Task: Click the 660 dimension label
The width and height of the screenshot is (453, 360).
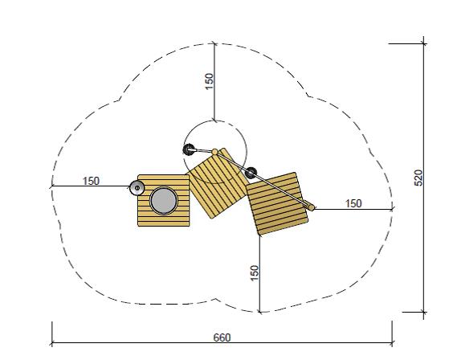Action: pos(222,337)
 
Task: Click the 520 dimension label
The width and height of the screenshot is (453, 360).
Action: pos(418,178)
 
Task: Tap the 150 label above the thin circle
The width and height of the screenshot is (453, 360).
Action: pos(209,81)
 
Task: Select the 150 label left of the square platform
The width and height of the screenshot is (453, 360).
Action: pos(91,181)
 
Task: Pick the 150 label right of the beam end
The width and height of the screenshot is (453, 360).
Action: pos(353,203)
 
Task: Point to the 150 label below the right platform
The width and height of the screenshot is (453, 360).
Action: pos(255,272)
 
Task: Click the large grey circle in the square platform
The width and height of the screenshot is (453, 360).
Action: pos(163,201)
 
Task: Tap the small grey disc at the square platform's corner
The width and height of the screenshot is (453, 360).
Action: pos(137,188)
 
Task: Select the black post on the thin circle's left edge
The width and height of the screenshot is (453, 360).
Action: pos(189,149)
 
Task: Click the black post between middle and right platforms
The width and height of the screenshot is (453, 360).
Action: pos(251,173)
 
